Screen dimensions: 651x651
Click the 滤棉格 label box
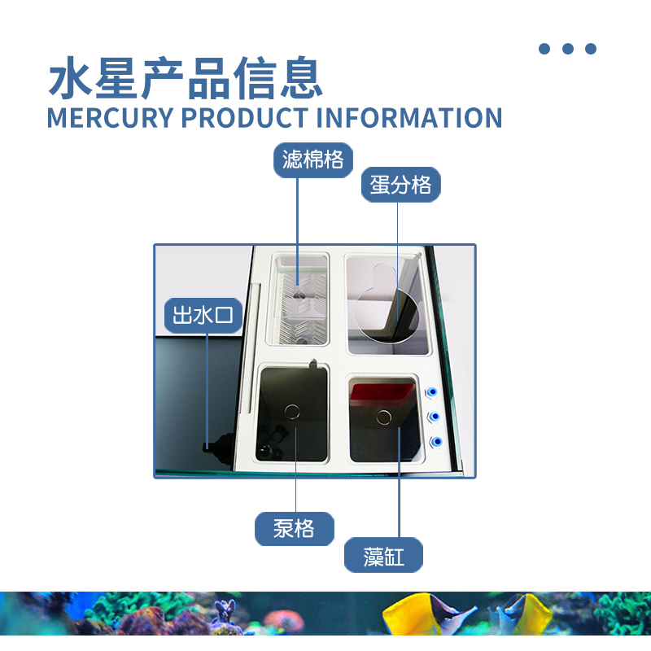pyautogui.click(x=312, y=159)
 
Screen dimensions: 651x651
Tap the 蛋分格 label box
pyautogui.click(x=400, y=185)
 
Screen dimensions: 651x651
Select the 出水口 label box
pyautogui.click(x=203, y=315)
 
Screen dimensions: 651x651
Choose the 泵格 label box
pyautogui.click(x=294, y=529)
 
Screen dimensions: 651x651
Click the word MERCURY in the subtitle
pyautogui.click(x=110, y=117)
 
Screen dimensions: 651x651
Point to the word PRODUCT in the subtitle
pyautogui.click(x=244, y=117)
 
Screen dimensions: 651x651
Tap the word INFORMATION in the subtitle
pyautogui.click(x=409, y=117)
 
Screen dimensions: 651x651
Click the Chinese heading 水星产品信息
pyautogui.click(x=186, y=78)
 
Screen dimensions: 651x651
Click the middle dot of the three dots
pyautogui.click(x=568, y=49)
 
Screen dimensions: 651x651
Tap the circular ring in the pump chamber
pyautogui.click(x=292, y=413)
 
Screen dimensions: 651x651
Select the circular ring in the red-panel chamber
pyautogui.click(x=384, y=418)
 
